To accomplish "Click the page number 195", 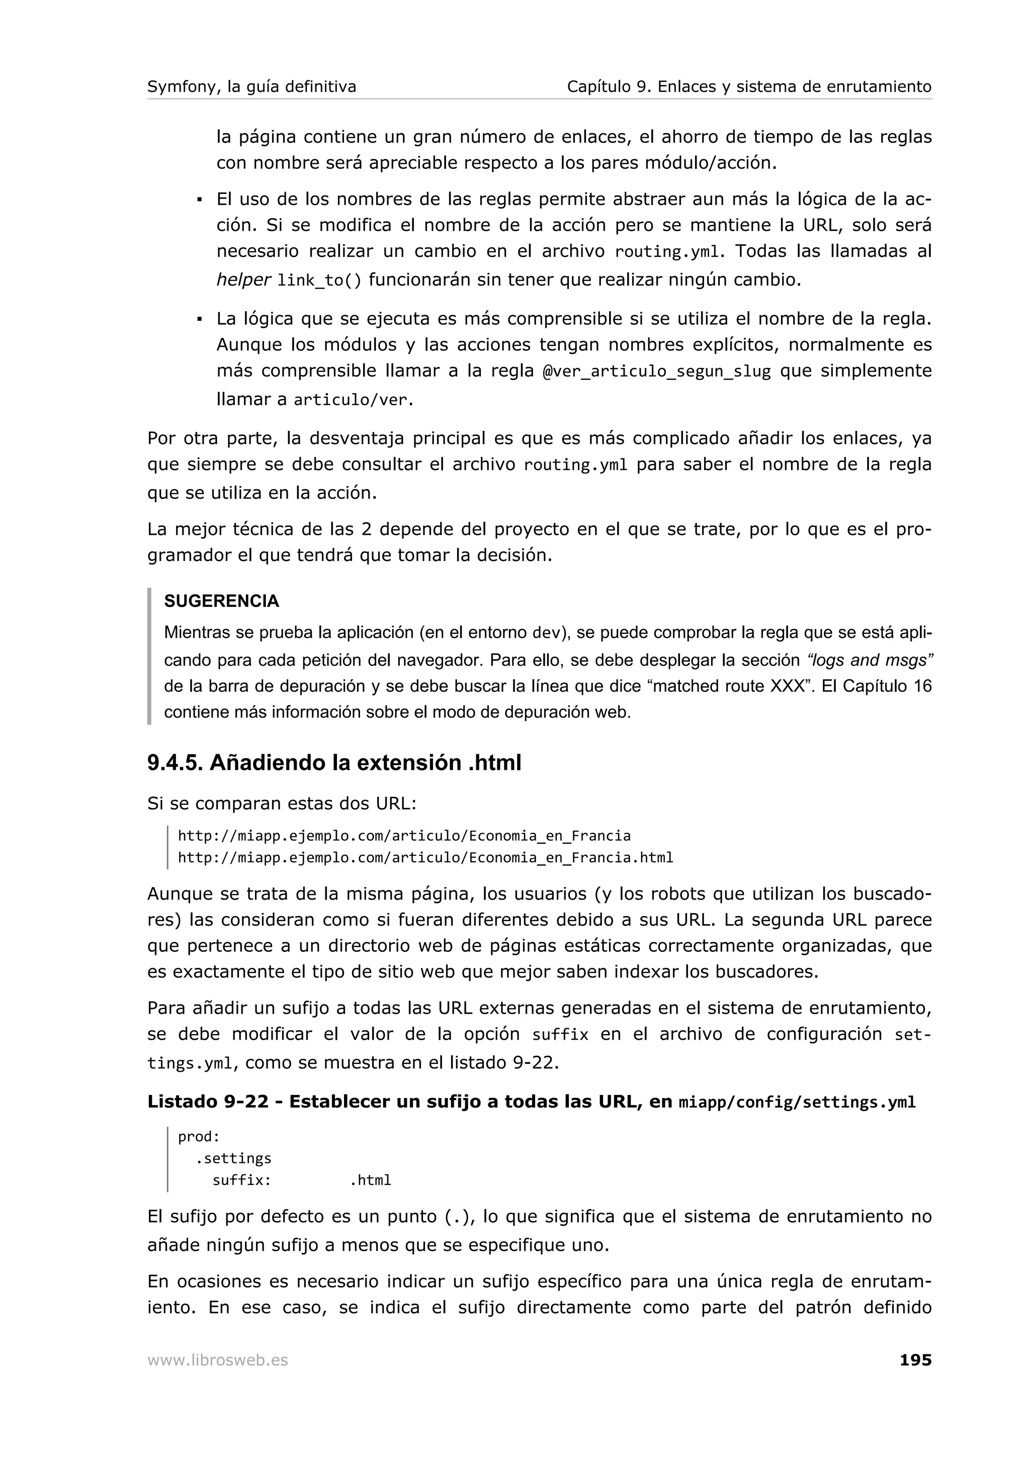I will coord(915,1360).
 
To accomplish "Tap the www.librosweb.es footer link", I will coord(217,1360).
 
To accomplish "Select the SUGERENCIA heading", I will coord(221,601).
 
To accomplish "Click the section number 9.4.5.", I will coord(175,763).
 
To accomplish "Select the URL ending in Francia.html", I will coord(425,858).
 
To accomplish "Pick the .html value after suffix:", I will coord(370,1180).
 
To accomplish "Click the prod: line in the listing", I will coord(199,1137).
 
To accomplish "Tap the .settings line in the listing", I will coord(233,1158).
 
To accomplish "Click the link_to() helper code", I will coord(319,281).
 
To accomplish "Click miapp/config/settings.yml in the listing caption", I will coord(797,1102).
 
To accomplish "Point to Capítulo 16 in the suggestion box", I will coord(887,687).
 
